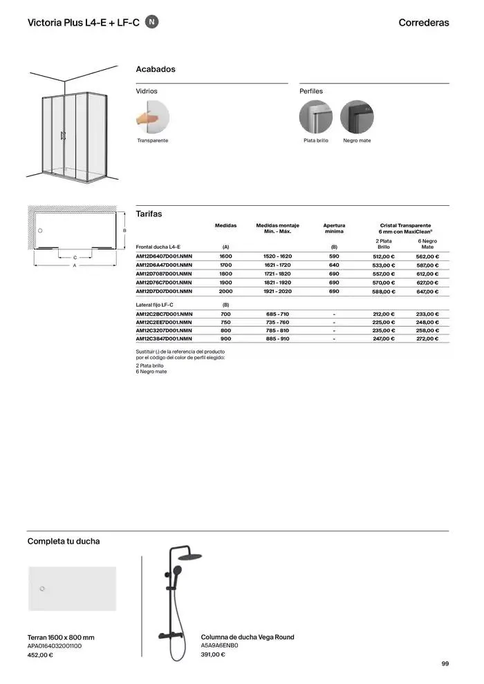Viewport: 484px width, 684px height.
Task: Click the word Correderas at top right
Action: coord(424,23)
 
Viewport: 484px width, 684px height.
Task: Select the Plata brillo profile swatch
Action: coord(316,117)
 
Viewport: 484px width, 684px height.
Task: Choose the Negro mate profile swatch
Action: coord(357,117)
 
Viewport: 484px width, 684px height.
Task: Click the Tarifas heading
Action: coord(149,214)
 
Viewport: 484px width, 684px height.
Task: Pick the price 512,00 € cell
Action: coord(383,256)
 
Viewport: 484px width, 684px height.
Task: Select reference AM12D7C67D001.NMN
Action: coord(164,283)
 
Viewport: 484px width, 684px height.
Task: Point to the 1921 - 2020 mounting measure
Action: coord(277,292)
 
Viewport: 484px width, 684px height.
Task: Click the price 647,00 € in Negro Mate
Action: coord(427,292)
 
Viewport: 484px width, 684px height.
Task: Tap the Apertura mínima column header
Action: coord(334,229)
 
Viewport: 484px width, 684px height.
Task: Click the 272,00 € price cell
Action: coord(427,339)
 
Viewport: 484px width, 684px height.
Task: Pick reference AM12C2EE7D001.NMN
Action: coord(164,322)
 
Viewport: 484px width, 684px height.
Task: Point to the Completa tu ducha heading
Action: coord(64,542)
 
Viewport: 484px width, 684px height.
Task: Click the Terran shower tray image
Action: coord(72,589)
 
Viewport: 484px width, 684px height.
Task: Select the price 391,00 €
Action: coord(213,655)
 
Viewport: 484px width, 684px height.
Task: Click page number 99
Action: coord(445,665)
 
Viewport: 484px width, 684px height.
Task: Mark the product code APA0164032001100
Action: coord(54,646)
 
